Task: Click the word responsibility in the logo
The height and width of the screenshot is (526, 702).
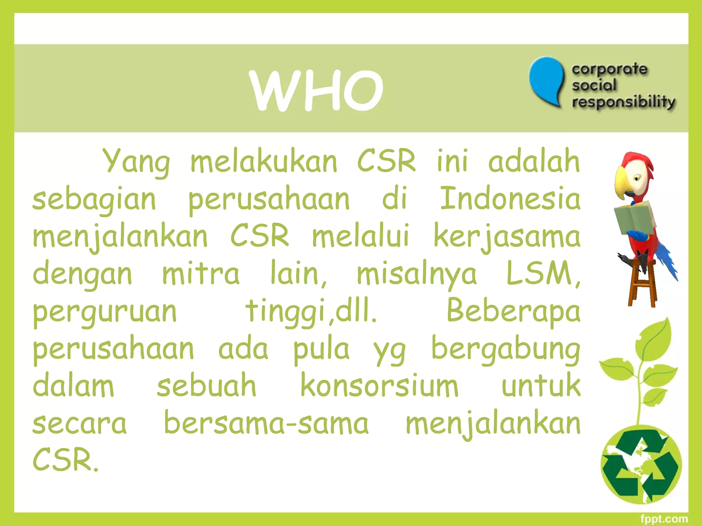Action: [x=624, y=102]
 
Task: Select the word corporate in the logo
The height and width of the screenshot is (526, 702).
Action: [x=609, y=70]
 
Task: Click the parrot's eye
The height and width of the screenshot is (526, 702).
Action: [x=637, y=178]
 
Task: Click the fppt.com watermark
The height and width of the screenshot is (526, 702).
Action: [x=664, y=519]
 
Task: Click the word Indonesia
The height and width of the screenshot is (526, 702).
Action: [x=510, y=199]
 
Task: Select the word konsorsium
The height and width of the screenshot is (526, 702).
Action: [x=379, y=386]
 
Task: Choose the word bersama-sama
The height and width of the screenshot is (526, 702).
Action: [x=266, y=423]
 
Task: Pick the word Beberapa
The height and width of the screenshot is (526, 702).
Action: [x=513, y=311]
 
